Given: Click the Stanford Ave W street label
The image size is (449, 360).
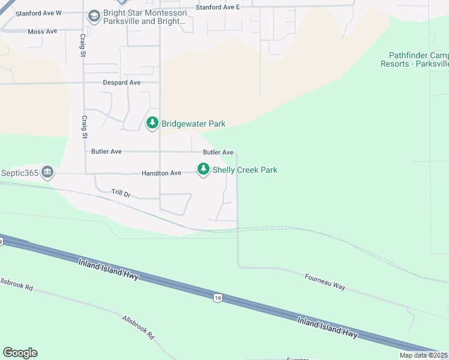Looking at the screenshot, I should (38, 13).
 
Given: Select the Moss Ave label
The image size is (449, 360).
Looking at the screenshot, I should (42, 31).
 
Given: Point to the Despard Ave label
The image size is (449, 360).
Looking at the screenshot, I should (121, 83).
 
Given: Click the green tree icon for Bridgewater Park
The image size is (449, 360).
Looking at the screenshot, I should (152, 123).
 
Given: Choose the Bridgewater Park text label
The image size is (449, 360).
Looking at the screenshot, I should (193, 124).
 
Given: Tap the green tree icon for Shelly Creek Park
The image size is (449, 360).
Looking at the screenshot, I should (204, 170).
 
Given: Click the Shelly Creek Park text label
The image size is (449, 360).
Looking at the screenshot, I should (245, 170).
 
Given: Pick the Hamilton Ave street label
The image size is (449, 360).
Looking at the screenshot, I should (161, 173).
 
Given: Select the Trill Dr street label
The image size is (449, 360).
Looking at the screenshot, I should (121, 193).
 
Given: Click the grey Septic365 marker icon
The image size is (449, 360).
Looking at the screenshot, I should (47, 173).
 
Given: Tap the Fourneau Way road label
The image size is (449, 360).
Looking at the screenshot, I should (325, 283).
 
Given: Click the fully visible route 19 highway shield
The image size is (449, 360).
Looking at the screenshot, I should (216, 298).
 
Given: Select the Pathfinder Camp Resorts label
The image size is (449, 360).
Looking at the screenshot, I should (414, 59).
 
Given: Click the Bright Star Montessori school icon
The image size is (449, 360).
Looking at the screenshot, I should (94, 16).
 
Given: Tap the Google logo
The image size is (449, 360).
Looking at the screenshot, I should (20, 353).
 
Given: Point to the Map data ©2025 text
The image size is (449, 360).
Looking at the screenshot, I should (423, 355).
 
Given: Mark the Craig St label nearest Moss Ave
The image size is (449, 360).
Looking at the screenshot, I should (83, 45).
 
